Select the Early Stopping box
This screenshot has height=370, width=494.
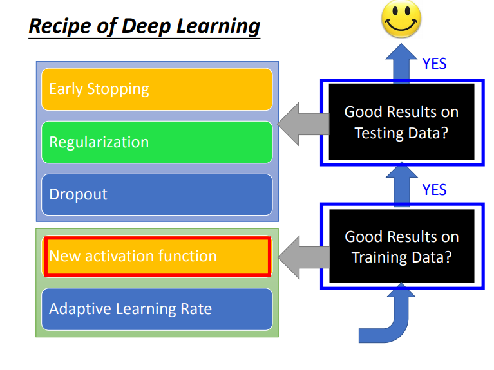point(157,89)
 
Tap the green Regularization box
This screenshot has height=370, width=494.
point(157,142)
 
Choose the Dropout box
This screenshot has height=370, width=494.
point(157,194)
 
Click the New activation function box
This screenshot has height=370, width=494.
point(157,256)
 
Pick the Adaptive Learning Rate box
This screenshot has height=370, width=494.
point(157,309)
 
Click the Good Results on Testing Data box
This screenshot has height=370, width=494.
point(401,122)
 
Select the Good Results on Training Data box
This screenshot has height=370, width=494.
point(401,246)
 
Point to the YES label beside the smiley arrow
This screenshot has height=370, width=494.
point(434,64)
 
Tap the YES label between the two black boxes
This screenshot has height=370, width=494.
point(434,190)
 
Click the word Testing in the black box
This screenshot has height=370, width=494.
point(378,133)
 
